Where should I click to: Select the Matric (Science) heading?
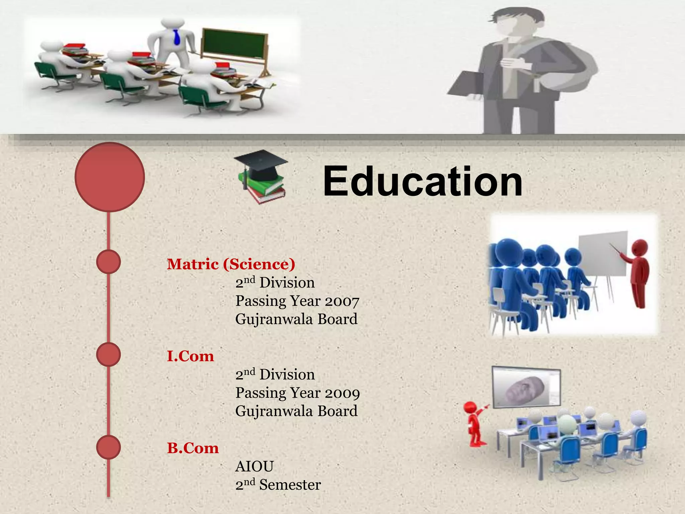click(x=231, y=264)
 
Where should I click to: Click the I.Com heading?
click(x=190, y=356)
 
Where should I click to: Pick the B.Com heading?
click(x=193, y=448)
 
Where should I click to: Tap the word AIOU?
click(x=255, y=466)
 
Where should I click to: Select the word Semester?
click(x=290, y=485)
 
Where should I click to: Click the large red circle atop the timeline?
click(x=110, y=177)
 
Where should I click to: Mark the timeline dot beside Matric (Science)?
click(x=108, y=262)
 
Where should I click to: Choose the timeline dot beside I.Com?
click(x=108, y=354)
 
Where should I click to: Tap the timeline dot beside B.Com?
click(x=108, y=447)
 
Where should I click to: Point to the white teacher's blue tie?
click(x=177, y=37)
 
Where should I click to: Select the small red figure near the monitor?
click(x=475, y=423)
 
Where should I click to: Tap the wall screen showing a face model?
click(x=526, y=388)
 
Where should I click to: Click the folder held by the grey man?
click(x=465, y=84)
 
